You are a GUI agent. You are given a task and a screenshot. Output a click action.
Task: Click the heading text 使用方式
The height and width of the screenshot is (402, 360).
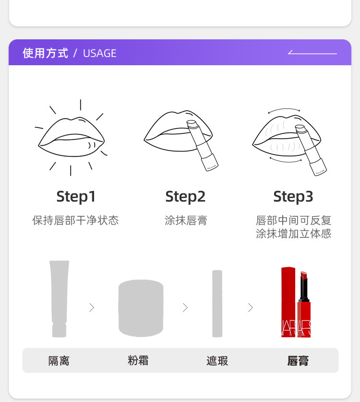[46, 53]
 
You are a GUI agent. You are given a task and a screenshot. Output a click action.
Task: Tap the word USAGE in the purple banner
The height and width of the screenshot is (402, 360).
[99, 53]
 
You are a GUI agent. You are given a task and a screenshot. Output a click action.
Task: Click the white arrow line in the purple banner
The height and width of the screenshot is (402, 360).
[312, 53]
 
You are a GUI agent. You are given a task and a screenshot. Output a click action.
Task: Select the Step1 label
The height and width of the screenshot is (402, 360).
[76, 197]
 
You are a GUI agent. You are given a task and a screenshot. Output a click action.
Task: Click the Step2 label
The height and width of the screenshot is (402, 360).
[185, 197]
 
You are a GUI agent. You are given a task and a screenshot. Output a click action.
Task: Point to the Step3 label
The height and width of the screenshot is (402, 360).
[293, 197]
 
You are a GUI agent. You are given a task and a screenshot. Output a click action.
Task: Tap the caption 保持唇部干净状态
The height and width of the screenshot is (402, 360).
[76, 220]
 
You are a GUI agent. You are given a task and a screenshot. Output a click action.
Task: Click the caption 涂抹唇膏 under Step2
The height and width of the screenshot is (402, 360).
[186, 220]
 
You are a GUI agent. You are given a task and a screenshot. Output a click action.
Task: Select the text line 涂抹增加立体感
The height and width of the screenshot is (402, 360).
[294, 234]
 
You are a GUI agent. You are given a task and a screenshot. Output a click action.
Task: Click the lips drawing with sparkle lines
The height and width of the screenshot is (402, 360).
[72, 137]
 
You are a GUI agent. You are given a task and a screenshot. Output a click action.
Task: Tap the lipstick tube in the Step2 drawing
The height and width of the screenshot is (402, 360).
[202, 145]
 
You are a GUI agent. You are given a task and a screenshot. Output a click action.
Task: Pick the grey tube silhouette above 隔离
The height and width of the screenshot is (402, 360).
[59, 299]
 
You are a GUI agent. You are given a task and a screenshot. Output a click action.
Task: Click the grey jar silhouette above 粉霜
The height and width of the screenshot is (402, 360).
[141, 308]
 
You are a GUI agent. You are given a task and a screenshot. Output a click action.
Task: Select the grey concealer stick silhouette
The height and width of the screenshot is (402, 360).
[217, 304]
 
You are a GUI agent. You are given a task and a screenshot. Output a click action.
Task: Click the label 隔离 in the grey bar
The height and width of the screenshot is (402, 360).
[59, 361]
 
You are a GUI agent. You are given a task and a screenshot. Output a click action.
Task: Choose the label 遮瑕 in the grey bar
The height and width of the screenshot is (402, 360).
[217, 361]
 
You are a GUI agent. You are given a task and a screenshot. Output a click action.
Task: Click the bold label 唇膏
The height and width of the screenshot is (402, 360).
[298, 361]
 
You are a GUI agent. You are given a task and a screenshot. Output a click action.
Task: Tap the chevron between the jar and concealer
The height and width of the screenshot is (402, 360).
[185, 307]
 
